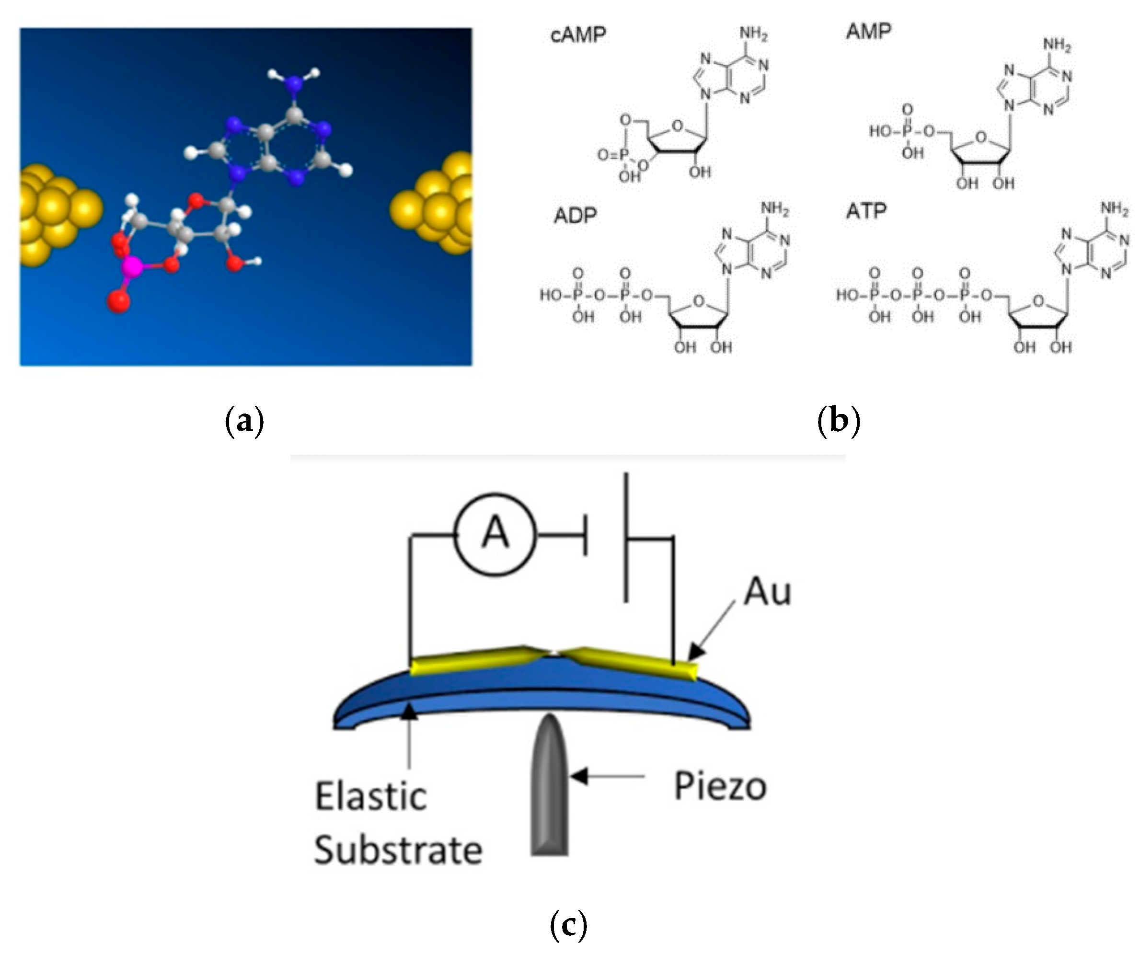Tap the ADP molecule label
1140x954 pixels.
click(575, 216)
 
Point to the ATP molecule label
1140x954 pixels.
click(866, 211)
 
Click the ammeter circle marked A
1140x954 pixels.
click(495, 535)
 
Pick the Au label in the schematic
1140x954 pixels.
click(767, 591)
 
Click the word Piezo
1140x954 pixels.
click(720, 787)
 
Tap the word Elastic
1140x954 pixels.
click(371, 797)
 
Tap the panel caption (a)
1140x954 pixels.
click(244, 421)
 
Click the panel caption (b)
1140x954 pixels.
click(839, 421)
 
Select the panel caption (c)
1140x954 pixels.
click(568, 924)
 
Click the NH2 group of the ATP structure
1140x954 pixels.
click(1114, 209)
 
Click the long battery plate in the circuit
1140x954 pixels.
click(626, 537)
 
